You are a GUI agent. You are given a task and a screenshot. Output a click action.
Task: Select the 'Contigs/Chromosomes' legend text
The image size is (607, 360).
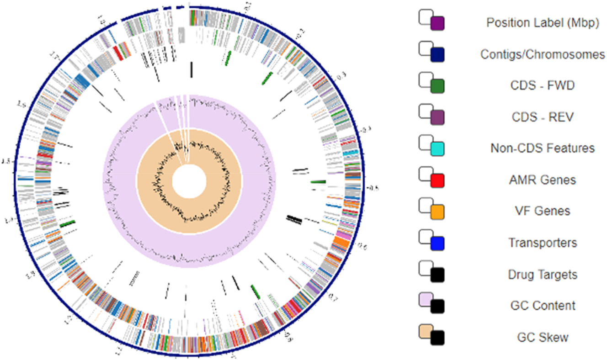543,54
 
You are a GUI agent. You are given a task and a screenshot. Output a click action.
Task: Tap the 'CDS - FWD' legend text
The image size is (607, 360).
543,86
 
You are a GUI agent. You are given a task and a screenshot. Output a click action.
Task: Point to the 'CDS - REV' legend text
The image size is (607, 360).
543,117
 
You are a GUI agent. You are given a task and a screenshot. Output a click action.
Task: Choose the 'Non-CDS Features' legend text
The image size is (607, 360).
543,148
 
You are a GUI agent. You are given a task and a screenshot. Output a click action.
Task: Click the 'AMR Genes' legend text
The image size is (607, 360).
543,180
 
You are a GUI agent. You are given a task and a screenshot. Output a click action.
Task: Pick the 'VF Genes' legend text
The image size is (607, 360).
543,211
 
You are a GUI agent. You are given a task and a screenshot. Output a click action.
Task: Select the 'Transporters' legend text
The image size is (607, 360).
543,243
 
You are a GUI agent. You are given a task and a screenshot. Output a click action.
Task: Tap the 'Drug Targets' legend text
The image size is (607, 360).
543,275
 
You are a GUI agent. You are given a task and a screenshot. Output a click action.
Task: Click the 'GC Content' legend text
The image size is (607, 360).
543,306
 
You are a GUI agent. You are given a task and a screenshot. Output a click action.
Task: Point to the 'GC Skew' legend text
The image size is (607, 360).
543,338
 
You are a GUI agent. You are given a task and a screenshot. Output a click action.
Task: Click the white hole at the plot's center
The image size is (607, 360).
189,181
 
